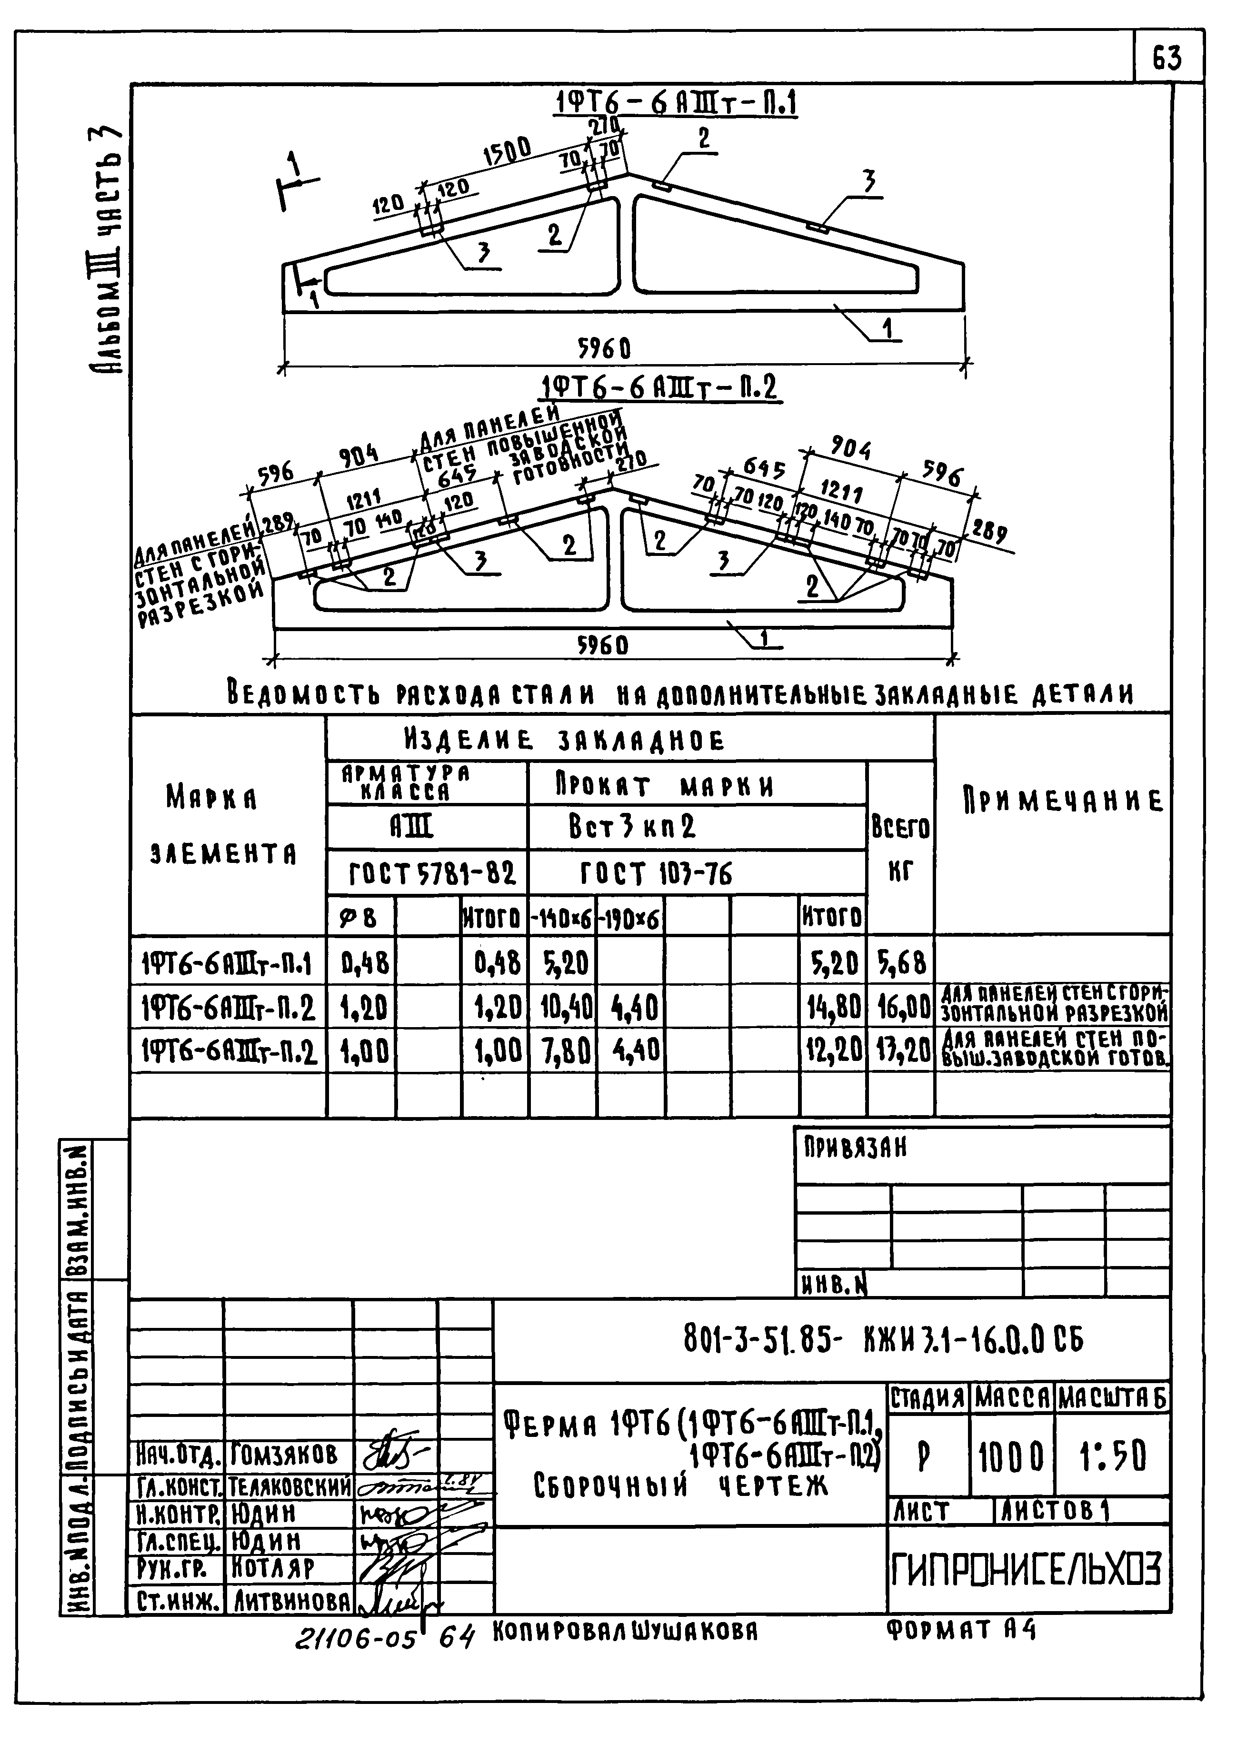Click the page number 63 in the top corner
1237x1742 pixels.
click(x=1167, y=57)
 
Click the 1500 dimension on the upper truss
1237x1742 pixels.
click(x=507, y=153)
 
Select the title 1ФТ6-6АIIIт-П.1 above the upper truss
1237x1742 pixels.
click(x=674, y=104)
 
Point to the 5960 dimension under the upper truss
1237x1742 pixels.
click(x=604, y=349)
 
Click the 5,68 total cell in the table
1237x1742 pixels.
click(x=901, y=963)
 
